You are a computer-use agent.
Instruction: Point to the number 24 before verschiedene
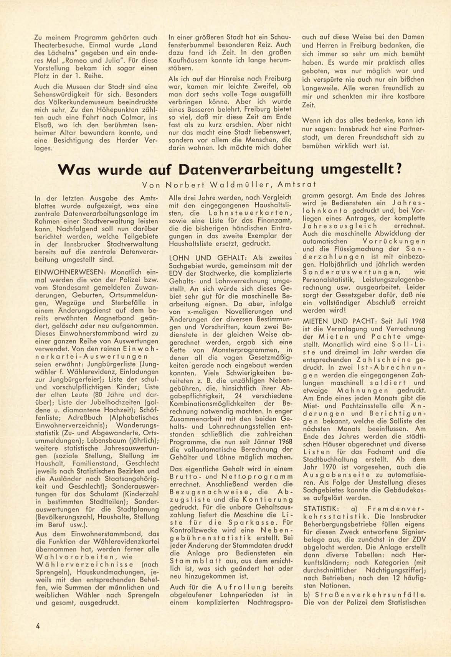click(x=239, y=396)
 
